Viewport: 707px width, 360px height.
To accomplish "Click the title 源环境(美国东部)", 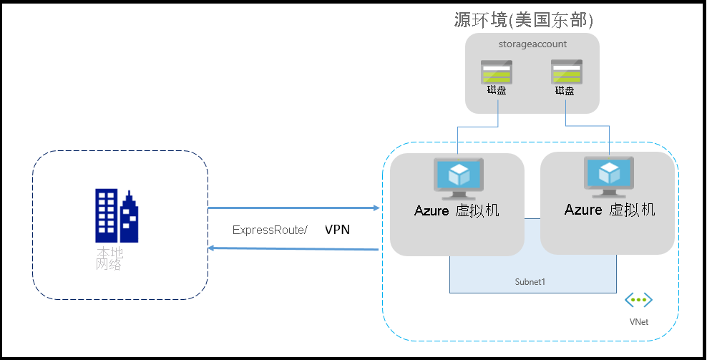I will (525, 20).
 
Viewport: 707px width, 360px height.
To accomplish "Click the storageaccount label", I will (532, 44).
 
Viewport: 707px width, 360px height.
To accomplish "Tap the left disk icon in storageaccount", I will (496, 72).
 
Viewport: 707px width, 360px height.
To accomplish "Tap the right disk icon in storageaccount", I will (565, 72).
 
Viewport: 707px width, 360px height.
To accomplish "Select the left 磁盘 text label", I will (496, 91).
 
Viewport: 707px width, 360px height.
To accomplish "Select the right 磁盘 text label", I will (565, 91).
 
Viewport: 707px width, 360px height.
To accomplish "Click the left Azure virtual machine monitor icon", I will (457, 177).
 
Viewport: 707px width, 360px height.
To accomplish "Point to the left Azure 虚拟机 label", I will (457, 211).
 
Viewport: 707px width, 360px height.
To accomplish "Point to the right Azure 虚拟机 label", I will (610, 210).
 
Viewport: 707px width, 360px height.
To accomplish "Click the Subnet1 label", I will (530, 282).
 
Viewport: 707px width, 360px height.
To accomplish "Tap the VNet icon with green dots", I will (638, 301).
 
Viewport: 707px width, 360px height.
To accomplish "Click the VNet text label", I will (638, 322).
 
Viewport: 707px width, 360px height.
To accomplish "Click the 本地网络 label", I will (109, 259).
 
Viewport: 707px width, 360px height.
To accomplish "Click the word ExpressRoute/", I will (270, 230).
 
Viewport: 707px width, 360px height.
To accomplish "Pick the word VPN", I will (338, 230).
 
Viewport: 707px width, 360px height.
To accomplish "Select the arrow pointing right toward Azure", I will (293, 208).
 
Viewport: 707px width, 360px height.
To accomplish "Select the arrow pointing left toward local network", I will (293, 249).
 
